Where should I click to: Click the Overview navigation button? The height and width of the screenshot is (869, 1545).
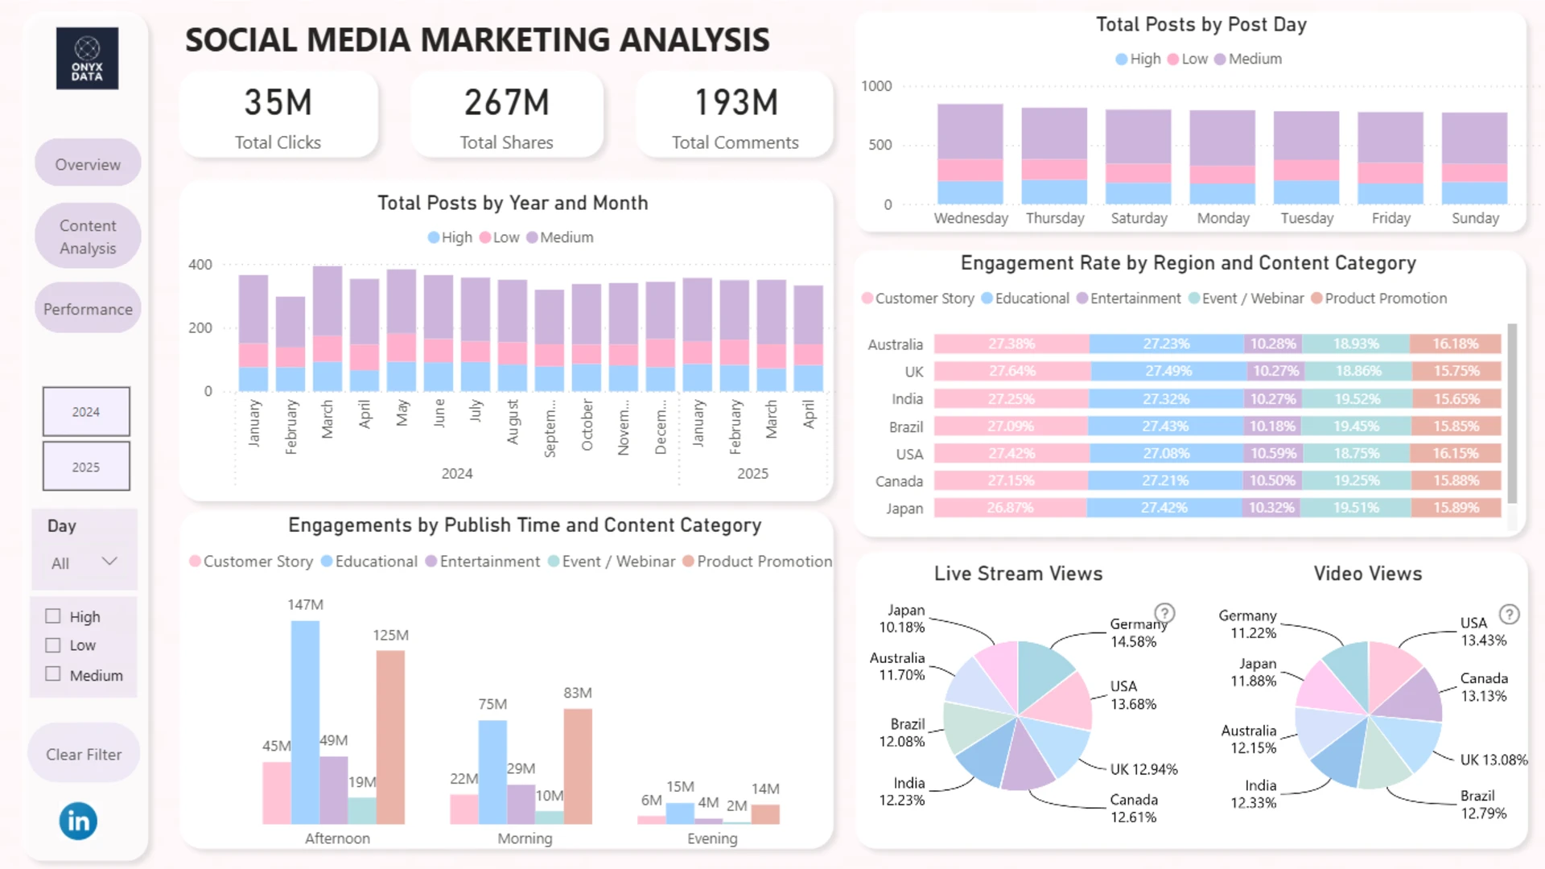(88, 164)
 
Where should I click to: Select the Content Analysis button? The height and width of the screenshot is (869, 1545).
(88, 237)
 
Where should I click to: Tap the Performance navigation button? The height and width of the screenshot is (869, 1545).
(88, 309)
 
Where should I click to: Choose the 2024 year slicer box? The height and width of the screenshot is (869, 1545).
(86, 412)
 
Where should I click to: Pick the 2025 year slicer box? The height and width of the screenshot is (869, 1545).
(86, 467)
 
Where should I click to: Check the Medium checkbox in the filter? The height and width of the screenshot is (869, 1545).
(53, 674)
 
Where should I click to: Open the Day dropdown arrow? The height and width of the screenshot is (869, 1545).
(109, 562)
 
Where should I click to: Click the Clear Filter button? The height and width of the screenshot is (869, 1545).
(84, 754)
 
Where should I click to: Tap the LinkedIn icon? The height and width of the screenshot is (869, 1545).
(78, 821)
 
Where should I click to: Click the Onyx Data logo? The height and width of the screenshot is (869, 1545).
(87, 59)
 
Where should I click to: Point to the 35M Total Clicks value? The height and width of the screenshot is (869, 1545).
(278, 103)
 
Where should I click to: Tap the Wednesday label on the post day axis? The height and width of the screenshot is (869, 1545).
(970, 218)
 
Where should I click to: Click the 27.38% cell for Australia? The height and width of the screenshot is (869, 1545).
(1011, 344)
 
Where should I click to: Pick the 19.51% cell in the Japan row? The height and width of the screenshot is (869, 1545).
(1356, 508)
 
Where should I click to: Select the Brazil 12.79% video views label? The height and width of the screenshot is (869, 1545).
(1483, 805)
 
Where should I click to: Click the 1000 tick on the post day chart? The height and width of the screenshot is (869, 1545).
(876, 86)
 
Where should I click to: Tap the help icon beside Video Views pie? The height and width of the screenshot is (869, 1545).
(1510, 615)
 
